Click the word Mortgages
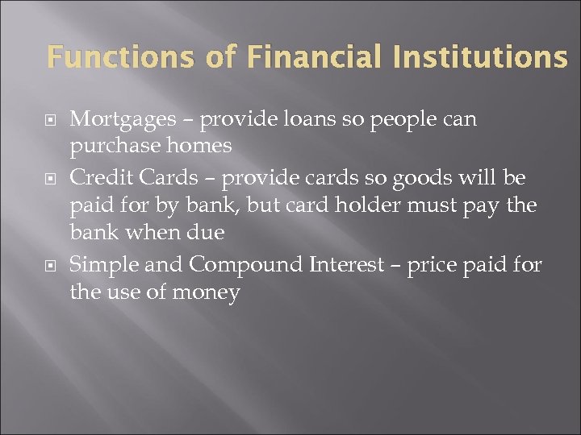pyautogui.click(x=123, y=120)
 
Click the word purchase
pyautogui.click(x=109, y=146)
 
